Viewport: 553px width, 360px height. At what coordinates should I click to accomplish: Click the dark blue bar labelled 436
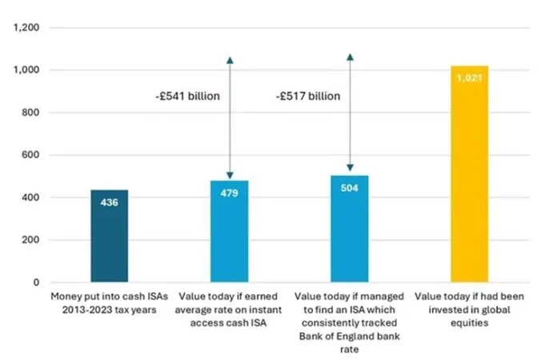(110, 240)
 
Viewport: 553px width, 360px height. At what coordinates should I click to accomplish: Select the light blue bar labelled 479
(230, 240)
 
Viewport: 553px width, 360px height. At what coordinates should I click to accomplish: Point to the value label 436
(110, 203)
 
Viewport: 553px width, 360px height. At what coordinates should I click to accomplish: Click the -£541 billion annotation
(187, 96)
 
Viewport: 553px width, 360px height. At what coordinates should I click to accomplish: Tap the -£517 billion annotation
(308, 96)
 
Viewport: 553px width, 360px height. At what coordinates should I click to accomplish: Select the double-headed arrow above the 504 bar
(350, 112)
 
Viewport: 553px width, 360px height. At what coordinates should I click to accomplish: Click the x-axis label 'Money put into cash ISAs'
(110, 302)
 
